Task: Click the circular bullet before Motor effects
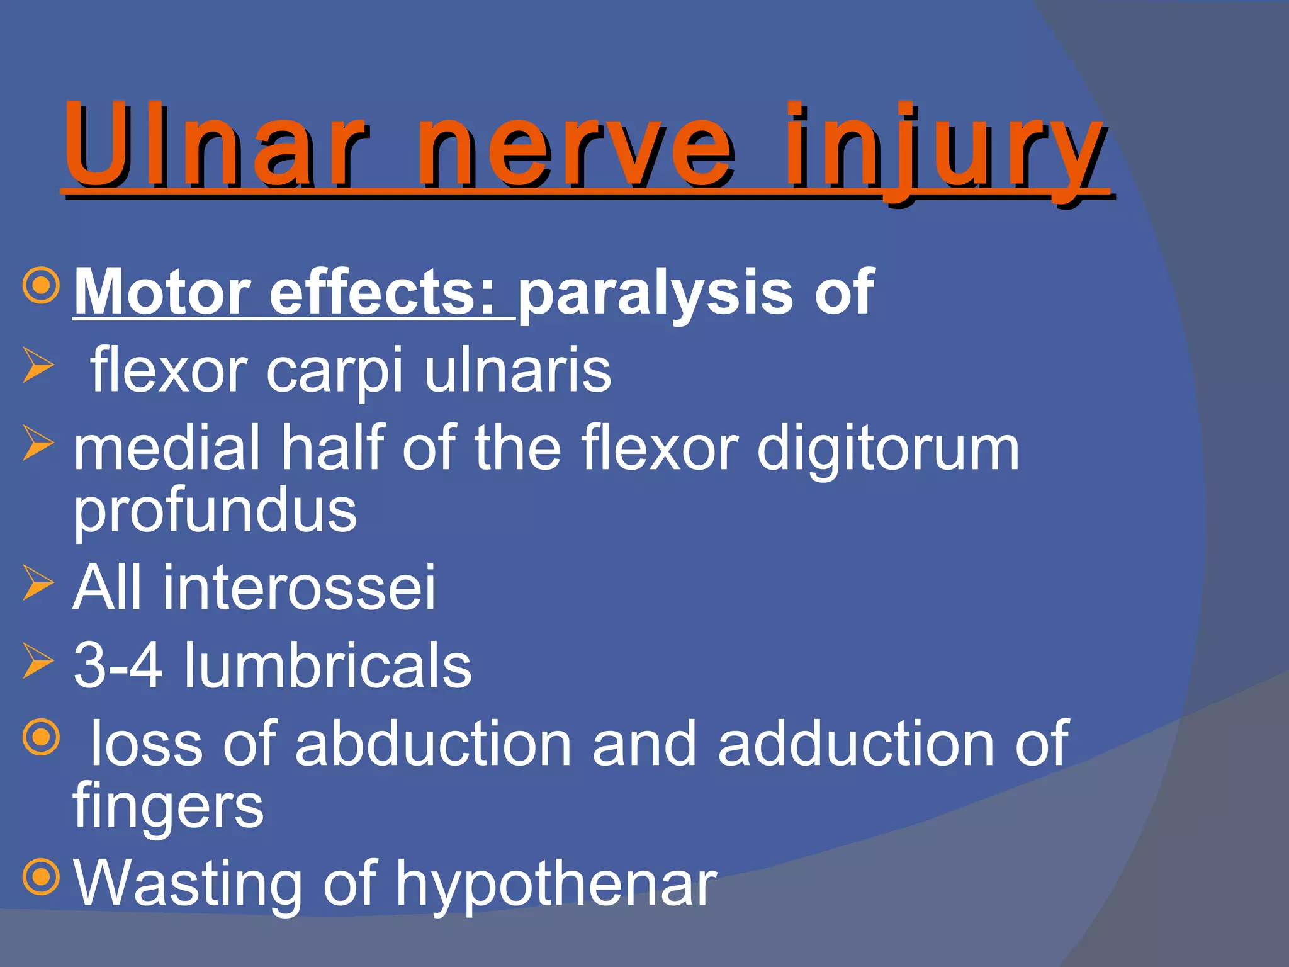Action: pyautogui.click(x=41, y=285)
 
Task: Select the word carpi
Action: pyautogui.click(x=334, y=371)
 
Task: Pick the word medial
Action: pyautogui.click(x=167, y=448)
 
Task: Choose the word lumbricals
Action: pyautogui.click(x=327, y=666)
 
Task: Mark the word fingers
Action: pyautogui.click(x=168, y=807)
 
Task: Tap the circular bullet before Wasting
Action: pyautogui.click(x=41, y=876)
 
